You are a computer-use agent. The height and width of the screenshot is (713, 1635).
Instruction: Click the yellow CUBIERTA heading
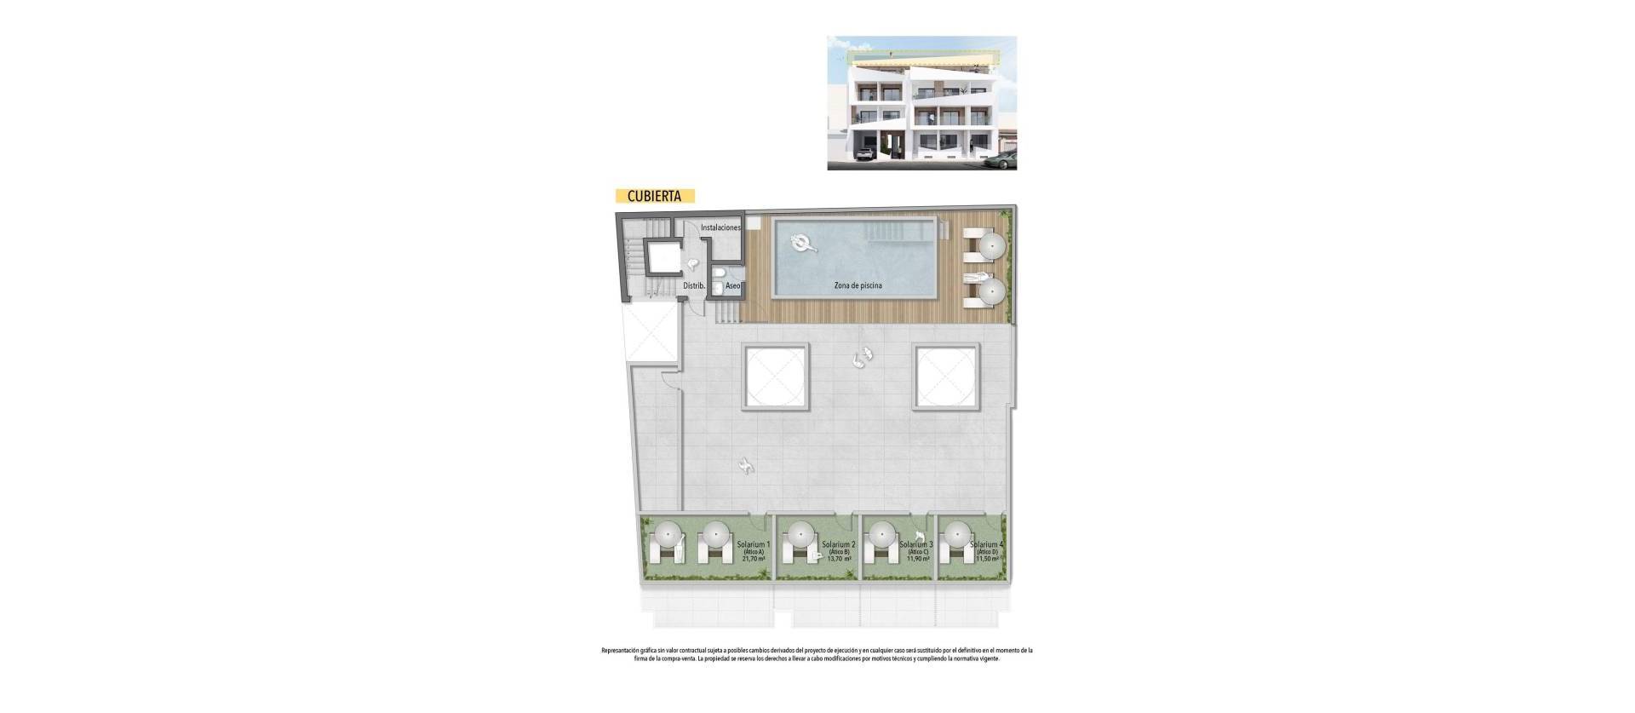click(654, 195)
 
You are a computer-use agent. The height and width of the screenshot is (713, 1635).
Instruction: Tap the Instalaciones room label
click(720, 228)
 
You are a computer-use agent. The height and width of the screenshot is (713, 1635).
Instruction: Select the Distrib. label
click(694, 286)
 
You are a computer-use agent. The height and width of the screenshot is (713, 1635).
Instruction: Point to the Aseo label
click(732, 286)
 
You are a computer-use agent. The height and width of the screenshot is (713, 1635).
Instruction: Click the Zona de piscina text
click(858, 285)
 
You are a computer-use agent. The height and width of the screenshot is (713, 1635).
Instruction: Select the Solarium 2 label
click(839, 544)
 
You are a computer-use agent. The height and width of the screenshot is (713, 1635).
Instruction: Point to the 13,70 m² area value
click(839, 560)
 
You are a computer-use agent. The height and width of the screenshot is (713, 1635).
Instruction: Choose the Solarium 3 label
click(916, 544)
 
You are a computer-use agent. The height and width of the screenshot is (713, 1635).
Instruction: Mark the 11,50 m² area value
click(987, 560)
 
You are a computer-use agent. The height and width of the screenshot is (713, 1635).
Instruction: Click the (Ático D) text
click(987, 552)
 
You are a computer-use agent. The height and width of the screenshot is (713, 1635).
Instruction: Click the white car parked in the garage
click(864, 155)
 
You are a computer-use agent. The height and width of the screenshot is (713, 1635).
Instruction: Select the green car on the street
click(1002, 158)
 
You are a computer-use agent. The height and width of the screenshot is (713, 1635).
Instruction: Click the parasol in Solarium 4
click(958, 536)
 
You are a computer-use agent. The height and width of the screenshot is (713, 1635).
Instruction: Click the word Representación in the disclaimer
click(624, 650)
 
